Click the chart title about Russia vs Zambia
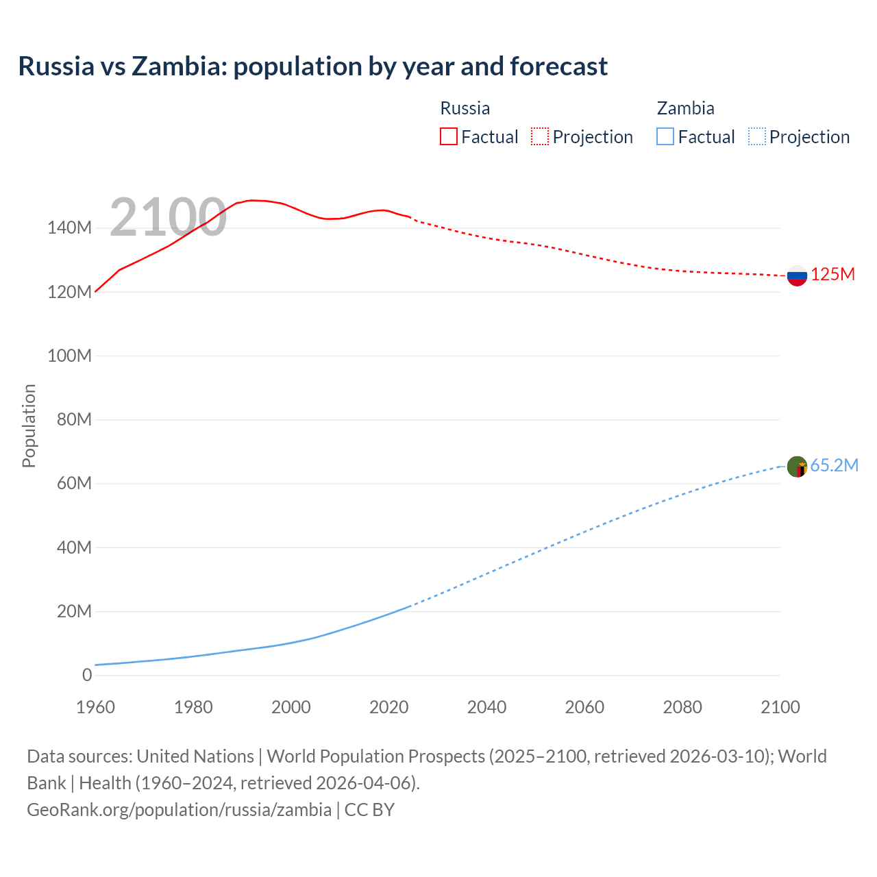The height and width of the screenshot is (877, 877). click(x=312, y=66)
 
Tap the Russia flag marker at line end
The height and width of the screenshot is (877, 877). click(x=797, y=275)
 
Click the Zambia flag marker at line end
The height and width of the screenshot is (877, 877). click(x=797, y=467)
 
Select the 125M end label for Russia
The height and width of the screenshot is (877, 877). click(x=832, y=275)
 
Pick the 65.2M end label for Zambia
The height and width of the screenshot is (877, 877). click(x=834, y=466)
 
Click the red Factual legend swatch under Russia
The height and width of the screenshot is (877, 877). click(x=448, y=136)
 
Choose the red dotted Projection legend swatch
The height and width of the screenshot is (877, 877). click(x=540, y=136)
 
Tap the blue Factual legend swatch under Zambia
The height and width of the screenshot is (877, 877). click(x=665, y=136)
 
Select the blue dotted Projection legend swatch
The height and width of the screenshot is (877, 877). click(x=756, y=136)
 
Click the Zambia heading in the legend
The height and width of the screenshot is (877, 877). click(x=685, y=108)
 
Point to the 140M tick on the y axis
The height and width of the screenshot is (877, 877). click(x=69, y=228)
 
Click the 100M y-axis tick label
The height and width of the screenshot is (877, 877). click(x=69, y=356)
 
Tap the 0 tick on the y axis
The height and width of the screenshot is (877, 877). click(x=86, y=675)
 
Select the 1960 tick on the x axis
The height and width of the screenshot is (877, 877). click(x=95, y=707)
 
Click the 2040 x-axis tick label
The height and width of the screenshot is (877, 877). click(x=486, y=707)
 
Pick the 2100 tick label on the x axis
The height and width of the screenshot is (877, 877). click(x=780, y=707)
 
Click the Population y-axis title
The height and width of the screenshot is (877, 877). click(x=29, y=425)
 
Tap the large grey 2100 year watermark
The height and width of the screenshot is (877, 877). click(x=168, y=217)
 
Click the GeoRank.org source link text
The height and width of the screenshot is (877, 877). click(x=179, y=810)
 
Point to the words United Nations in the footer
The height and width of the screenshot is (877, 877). click(x=195, y=756)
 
